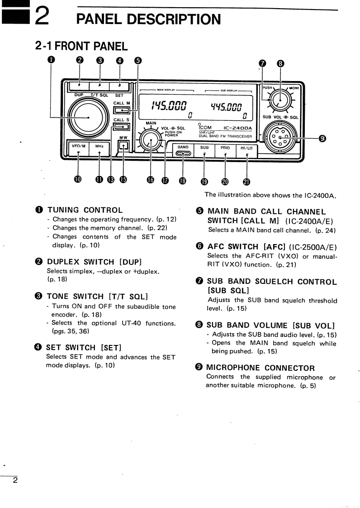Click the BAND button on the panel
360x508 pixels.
[183, 151]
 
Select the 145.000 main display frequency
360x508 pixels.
[169, 105]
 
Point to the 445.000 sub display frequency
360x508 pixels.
[226, 106]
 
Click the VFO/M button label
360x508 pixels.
[78, 146]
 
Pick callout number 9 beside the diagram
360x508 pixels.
[322, 139]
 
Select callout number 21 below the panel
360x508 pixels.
[246, 182]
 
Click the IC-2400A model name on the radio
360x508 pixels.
[237, 128]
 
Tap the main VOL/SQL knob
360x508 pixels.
[151, 141]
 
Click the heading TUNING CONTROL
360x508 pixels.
[85, 210]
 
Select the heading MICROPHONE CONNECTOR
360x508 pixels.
[261, 368]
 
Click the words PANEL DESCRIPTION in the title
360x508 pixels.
[148, 19]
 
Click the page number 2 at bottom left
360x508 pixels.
[15, 480]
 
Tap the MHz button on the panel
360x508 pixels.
[99, 146]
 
